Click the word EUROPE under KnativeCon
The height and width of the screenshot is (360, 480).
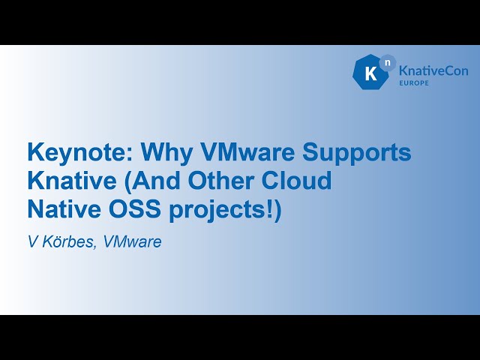coord(414,82)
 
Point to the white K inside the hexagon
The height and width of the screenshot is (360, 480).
coord(370,74)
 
